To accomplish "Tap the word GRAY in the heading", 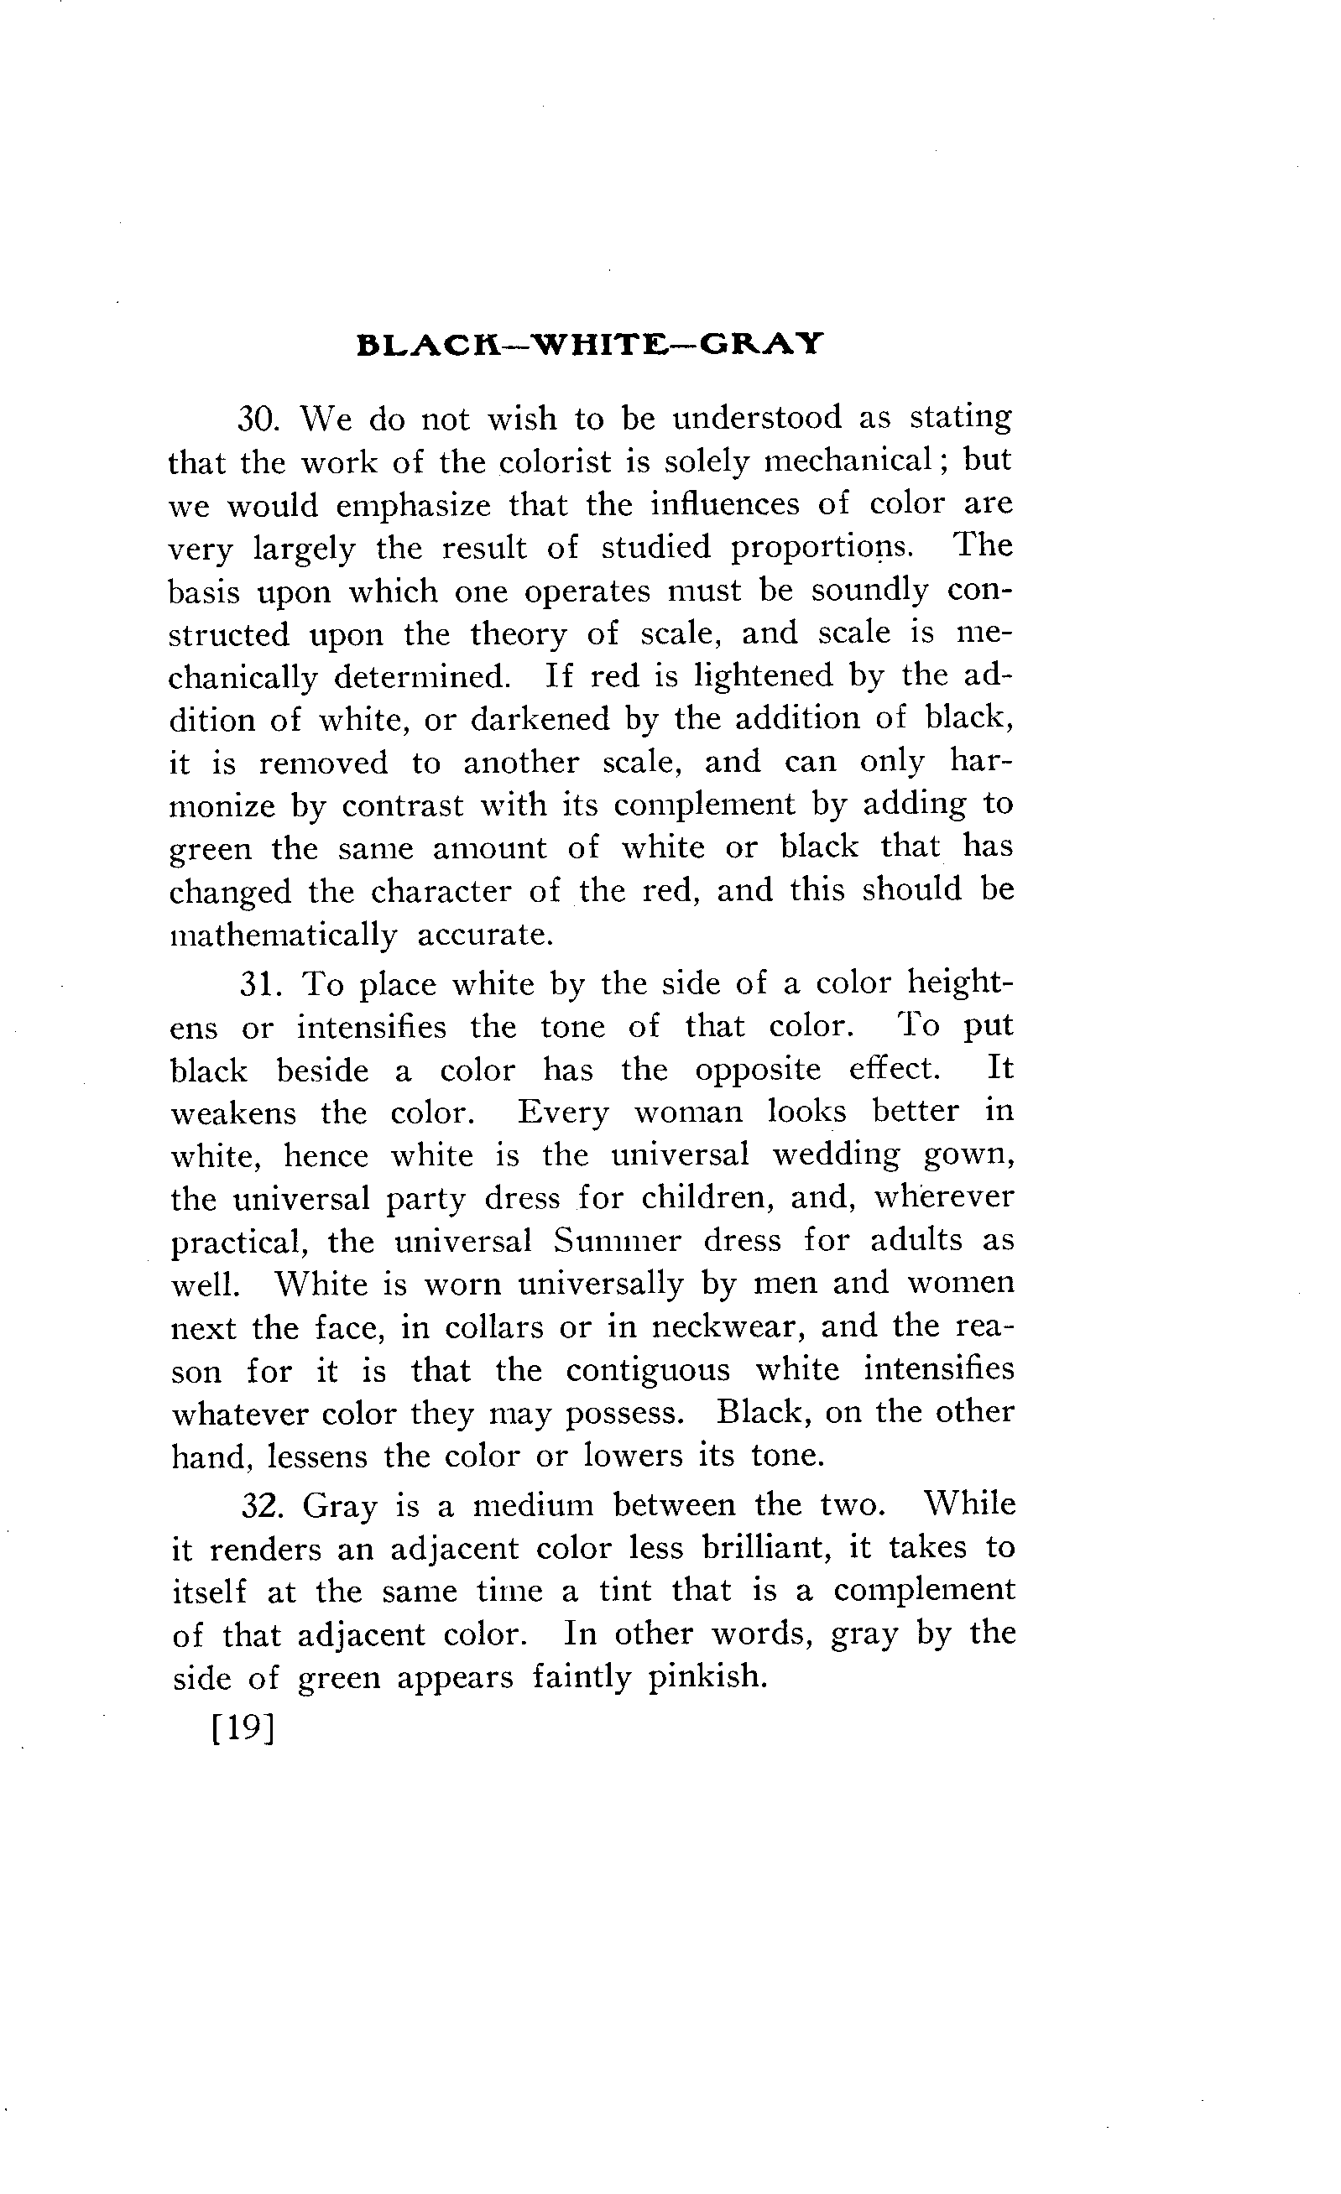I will [x=760, y=345].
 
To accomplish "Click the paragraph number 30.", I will [x=259, y=419].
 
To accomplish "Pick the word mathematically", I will [x=283, y=935].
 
